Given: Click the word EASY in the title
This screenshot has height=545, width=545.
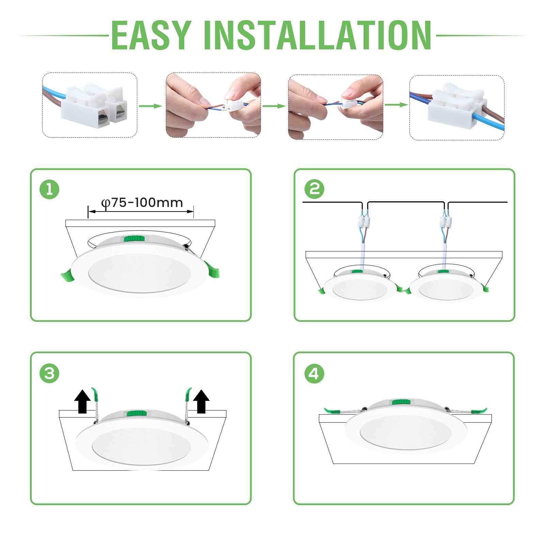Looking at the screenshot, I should pos(150,35).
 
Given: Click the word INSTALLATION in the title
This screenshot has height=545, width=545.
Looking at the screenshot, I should pos(318,35).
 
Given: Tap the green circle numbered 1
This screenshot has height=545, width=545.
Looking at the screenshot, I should pos(49,189).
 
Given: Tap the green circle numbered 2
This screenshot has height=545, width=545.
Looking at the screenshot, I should pos(314,189).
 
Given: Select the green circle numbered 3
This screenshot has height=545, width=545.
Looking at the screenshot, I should pos(49,374).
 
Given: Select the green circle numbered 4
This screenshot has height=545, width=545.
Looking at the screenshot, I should pos(313,374).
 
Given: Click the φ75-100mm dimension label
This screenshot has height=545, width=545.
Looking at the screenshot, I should pos(142,203).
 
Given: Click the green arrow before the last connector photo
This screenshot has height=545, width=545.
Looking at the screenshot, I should pos(396,105).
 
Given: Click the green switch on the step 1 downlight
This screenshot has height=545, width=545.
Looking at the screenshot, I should pos(134,239).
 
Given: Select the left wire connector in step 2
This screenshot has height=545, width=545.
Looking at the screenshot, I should pos(364,223).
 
